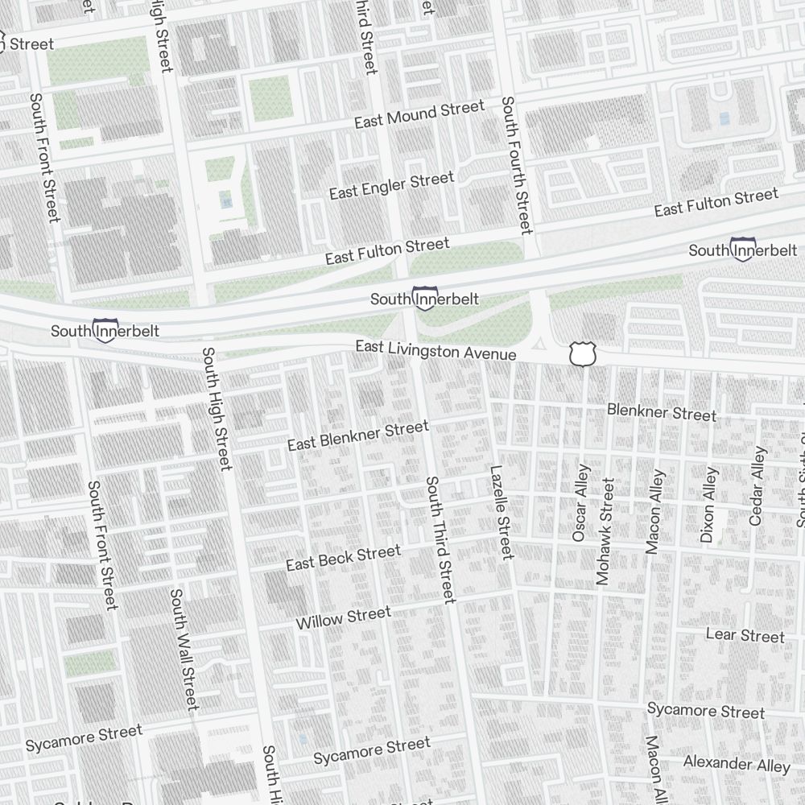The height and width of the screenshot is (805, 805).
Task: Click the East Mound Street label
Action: pyautogui.click(x=419, y=114)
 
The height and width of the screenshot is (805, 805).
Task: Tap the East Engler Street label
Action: pyautogui.click(x=391, y=186)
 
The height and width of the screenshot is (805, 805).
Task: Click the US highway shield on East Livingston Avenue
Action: pyautogui.click(x=581, y=353)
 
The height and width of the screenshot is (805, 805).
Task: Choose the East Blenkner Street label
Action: pyautogui.click(x=358, y=436)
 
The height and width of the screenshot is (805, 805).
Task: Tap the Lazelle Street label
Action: pyautogui.click(x=501, y=512)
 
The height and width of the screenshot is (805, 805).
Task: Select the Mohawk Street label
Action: pyautogui.click(x=605, y=531)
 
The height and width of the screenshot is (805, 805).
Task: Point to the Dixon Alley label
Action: pyautogui.click(x=708, y=506)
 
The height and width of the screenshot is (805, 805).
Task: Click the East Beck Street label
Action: pyautogui.click(x=343, y=558)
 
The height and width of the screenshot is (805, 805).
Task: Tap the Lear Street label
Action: pyautogui.click(x=745, y=636)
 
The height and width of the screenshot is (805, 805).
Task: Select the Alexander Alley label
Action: pyautogui.click(x=737, y=763)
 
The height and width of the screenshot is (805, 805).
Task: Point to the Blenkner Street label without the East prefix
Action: pyautogui.click(x=661, y=413)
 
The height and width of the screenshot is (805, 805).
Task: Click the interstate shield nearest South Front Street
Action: pyautogui.click(x=105, y=330)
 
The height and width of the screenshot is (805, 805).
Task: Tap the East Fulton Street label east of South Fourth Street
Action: pyautogui.click(x=716, y=202)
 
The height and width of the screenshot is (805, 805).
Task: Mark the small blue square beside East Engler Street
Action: pyautogui.click(x=225, y=199)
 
